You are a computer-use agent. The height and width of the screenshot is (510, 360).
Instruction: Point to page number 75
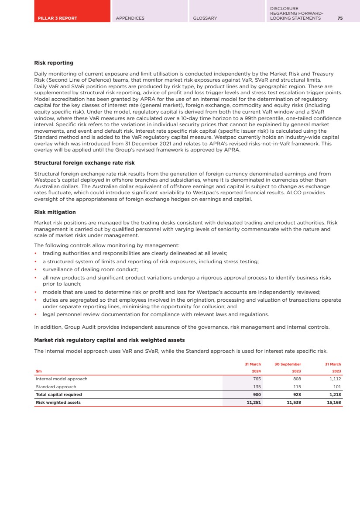(340, 18)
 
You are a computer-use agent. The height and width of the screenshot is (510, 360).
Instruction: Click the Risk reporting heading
(54, 63)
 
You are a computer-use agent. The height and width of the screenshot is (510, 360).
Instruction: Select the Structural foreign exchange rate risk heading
(84, 163)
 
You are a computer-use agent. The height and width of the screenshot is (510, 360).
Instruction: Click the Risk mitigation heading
(55, 212)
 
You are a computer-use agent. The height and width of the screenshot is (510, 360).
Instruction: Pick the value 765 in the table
(257, 379)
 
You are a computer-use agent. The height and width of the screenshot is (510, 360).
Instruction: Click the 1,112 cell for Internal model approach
(335, 379)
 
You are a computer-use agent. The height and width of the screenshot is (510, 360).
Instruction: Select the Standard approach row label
(56, 387)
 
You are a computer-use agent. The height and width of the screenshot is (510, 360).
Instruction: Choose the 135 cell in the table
(257, 387)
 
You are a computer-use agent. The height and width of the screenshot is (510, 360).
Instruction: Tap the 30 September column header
(288, 364)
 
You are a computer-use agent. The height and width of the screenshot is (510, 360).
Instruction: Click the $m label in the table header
(38, 372)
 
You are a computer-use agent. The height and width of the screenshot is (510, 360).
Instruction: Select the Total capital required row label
(58, 395)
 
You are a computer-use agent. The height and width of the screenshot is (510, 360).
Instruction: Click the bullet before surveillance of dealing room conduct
(35, 269)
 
